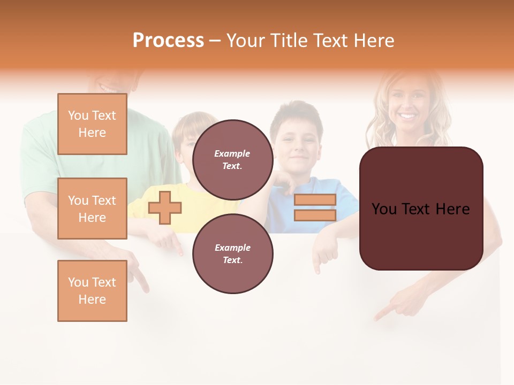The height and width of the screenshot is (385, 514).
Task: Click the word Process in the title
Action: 168,41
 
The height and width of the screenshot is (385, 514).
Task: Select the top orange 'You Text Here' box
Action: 92,124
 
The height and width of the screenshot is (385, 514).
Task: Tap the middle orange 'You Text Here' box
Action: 92,209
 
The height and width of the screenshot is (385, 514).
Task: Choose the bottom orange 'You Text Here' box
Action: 92,291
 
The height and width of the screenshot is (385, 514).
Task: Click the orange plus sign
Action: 165,207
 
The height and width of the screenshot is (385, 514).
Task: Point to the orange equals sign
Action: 315,207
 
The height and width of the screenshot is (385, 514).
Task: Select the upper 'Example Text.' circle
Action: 232,159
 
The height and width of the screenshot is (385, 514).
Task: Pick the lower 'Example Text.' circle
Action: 232,253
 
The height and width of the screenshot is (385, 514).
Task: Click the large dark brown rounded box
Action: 421,209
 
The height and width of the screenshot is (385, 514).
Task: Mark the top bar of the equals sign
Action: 315,200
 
